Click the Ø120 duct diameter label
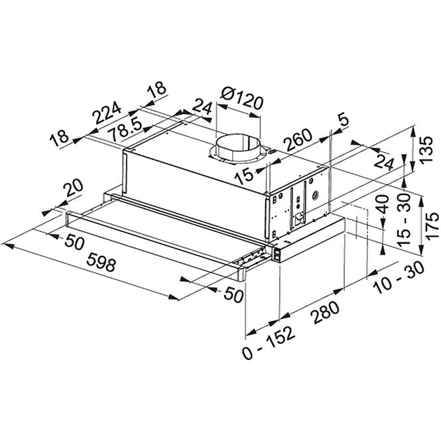click(x=242, y=99)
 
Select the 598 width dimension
click(x=101, y=261)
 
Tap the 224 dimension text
click(x=107, y=112)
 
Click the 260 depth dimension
click(x=298, y=140)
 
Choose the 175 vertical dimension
click(x=432, y=226)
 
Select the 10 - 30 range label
click(x=399, y=277)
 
